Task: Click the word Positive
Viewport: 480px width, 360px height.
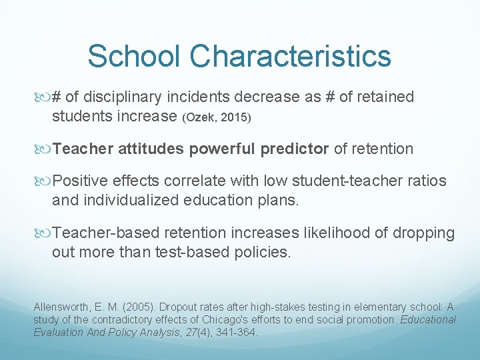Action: coord(82,181)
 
